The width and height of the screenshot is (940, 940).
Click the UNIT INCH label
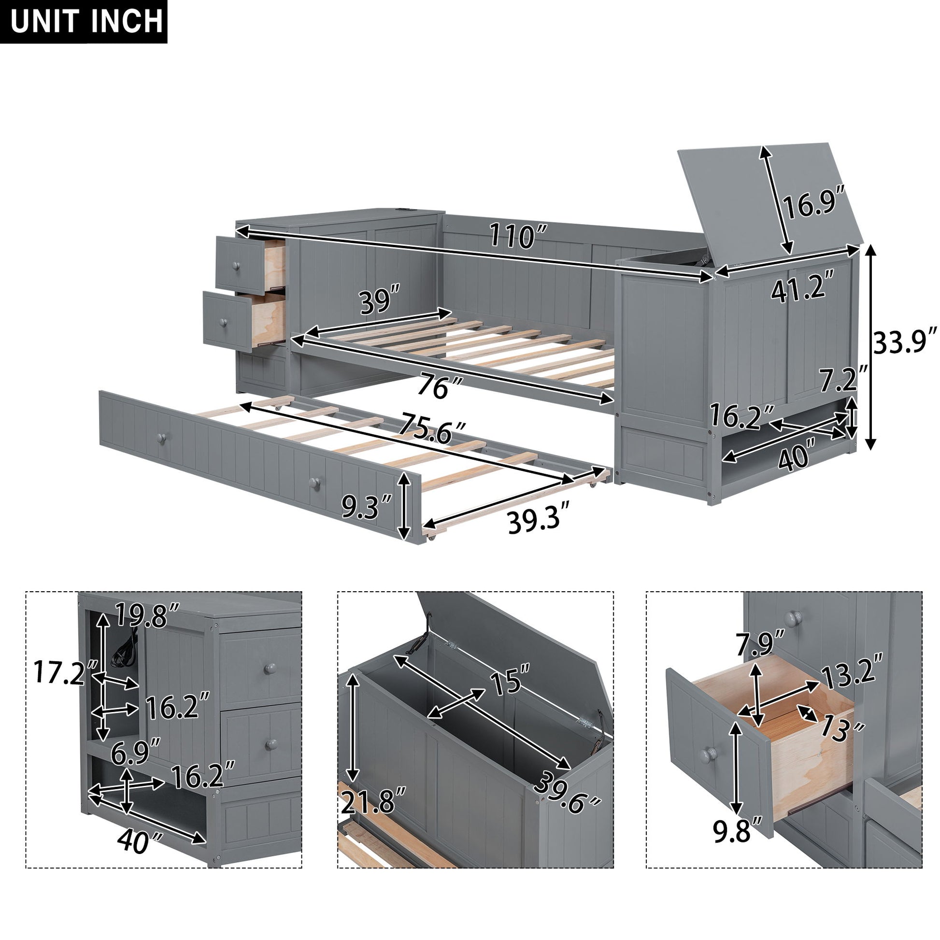86,22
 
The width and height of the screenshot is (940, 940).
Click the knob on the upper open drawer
236,266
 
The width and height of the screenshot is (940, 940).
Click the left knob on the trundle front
160,438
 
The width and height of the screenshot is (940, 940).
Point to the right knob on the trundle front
315,482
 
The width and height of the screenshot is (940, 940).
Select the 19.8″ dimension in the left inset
148,615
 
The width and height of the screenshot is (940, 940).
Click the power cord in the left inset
124,650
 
